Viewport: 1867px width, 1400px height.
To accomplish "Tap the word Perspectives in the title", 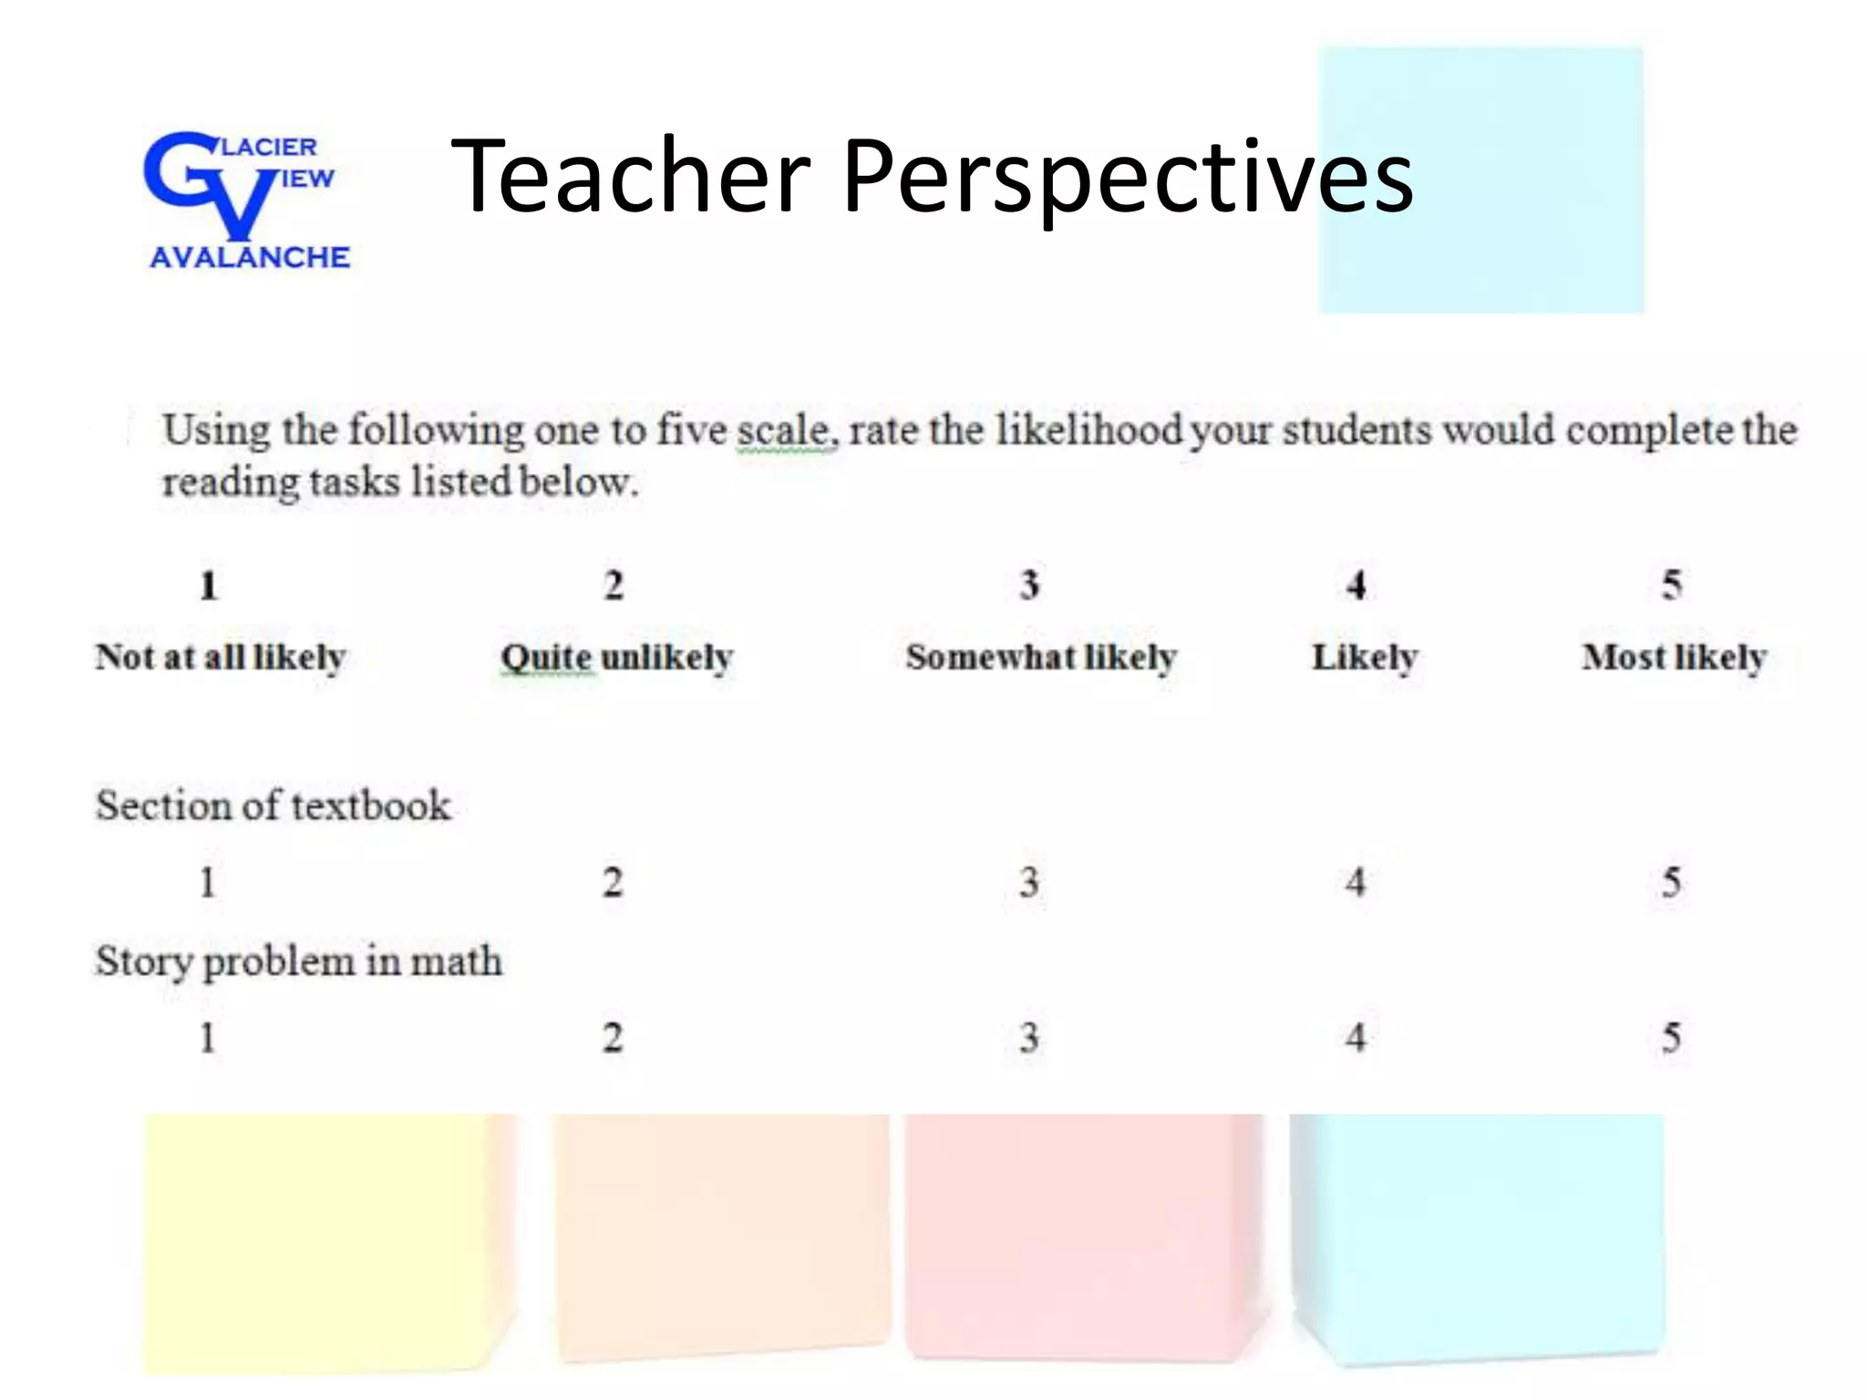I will click(x=1128, y=177).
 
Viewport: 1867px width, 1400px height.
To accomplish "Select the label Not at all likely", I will click(x=221, y=657).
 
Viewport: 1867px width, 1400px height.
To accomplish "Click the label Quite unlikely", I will click(x=617, y=657).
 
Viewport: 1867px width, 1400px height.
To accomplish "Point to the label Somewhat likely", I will click(x=1041, y=657).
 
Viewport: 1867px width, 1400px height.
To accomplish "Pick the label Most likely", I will click(x=1674, y=657).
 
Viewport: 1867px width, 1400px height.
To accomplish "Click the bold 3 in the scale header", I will click(x=1029, y=585).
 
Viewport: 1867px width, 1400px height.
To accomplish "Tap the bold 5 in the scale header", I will click(x=1671, y=585).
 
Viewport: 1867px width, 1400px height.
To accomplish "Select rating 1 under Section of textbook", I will click(x=208, y=882).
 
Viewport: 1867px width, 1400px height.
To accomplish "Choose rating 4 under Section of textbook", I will click(x=1356, y=882).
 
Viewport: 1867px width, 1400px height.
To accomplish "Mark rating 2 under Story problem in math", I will click(x=613, y=1038).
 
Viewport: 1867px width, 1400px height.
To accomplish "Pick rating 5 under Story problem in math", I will click(x=1671, y=1038).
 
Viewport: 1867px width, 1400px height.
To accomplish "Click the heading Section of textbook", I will click(x=273, y=806).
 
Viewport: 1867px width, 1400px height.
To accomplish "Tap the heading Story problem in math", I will click(x=299, y=962).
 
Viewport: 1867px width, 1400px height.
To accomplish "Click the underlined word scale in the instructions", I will click(x=785, y=430).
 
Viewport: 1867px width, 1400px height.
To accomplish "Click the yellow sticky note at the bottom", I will click(x=319, y=1240).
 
